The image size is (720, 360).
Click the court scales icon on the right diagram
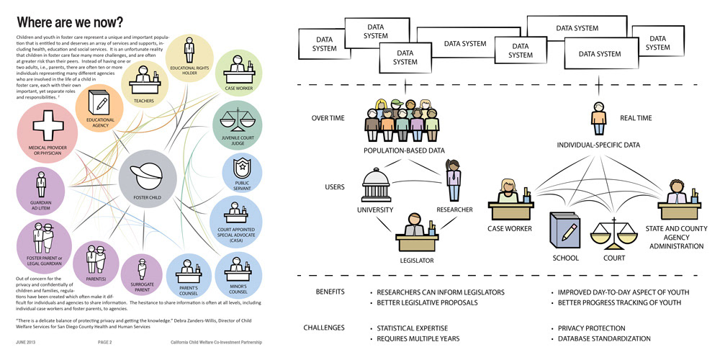tap(613, 234)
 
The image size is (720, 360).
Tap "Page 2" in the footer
tap(105, 343)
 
